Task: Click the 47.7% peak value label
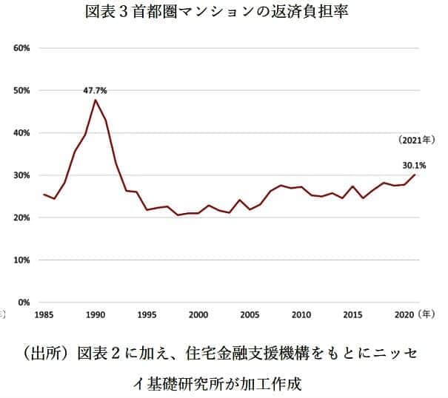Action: click(x=95, y=90)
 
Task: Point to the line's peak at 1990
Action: click(x=95, y=100)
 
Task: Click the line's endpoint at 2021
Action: click(x=415, y=175)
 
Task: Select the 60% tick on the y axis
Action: click(x=21, y=48)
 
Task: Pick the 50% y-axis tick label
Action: click(x=21, y=90)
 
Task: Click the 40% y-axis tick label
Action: click(x=21, y=133)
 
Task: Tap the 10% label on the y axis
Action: click(x=21, y=260)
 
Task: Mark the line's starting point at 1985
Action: click(x=44, y=195)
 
